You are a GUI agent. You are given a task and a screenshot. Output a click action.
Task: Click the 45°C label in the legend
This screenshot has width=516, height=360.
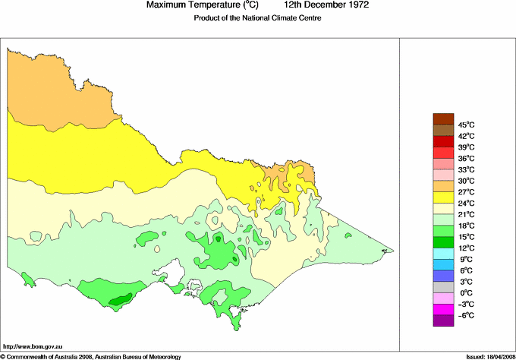click(466, 125)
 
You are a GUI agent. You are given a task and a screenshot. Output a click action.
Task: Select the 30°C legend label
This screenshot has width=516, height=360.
click(466, 181)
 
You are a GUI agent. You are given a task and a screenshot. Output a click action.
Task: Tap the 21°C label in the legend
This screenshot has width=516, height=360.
click(466, 214)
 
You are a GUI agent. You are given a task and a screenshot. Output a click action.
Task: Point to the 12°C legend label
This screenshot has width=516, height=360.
click(466, 248)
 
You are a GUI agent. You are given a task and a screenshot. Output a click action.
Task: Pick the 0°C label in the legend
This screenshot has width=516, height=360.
click(465, 293)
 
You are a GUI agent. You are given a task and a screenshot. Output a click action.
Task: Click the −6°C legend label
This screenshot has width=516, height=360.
click(465, 315)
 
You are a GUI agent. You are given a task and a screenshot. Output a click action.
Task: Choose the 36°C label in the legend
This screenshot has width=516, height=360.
click(466, 158)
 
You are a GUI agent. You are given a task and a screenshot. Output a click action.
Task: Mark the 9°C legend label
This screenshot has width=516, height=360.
click(465, 259)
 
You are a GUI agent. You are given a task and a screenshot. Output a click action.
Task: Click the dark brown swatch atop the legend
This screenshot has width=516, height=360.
click(442, 118)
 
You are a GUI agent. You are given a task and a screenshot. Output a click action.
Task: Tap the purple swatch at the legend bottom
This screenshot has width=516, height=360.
click(442, 321)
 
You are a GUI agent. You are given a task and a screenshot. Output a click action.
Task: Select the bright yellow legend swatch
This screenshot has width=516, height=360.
click(442, 197)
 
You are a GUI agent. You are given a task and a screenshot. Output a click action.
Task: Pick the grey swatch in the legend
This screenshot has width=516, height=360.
click(442, 287)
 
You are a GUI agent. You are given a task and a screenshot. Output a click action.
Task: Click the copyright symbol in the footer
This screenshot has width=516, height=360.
click(3, 356)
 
